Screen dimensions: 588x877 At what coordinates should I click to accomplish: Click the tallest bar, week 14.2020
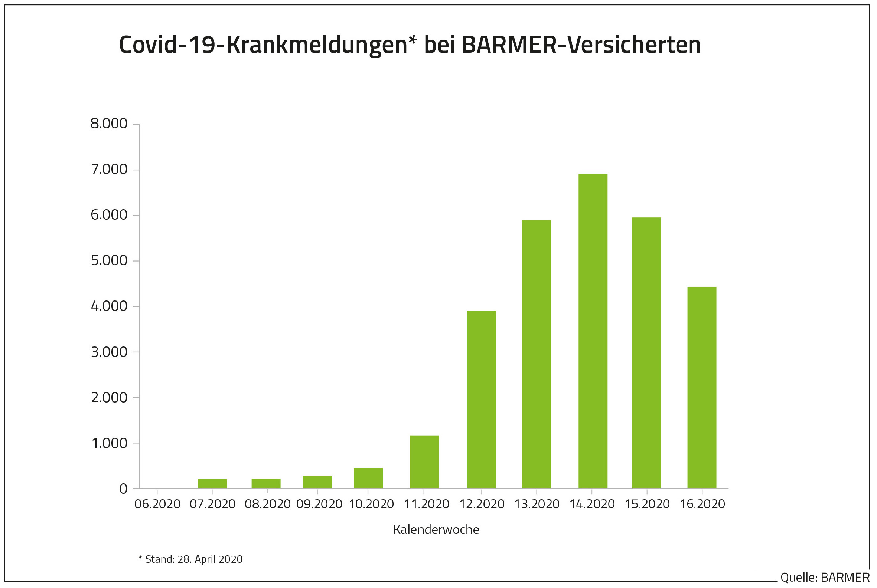tap(593, 331)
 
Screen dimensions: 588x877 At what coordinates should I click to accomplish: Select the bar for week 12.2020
tap(481, 400)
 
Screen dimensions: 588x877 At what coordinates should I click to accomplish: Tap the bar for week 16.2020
tap(701, 387)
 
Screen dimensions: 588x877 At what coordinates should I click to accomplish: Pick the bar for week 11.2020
tap(424, 461)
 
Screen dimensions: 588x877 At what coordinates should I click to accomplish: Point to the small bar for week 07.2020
tap(212, 483)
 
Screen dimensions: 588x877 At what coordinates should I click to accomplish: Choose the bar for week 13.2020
tap(536, 354)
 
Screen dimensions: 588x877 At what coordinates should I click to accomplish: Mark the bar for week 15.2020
tap(646, 352)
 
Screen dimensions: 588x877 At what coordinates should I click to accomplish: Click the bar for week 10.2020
tap(368, 478)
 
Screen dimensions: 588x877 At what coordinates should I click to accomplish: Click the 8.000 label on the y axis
tap(109, 124)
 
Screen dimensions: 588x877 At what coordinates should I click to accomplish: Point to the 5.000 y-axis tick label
tap(109, 261)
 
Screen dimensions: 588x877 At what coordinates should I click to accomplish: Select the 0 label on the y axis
tap(123, 489)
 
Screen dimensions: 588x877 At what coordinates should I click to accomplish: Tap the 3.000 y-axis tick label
tap(109, 352)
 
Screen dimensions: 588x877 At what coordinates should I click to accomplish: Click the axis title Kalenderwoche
tap(436, 529)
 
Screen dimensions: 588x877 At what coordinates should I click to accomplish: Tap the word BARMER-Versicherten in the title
tap(581, 45)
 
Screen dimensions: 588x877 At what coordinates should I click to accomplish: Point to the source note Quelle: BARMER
tap(825, 578)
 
